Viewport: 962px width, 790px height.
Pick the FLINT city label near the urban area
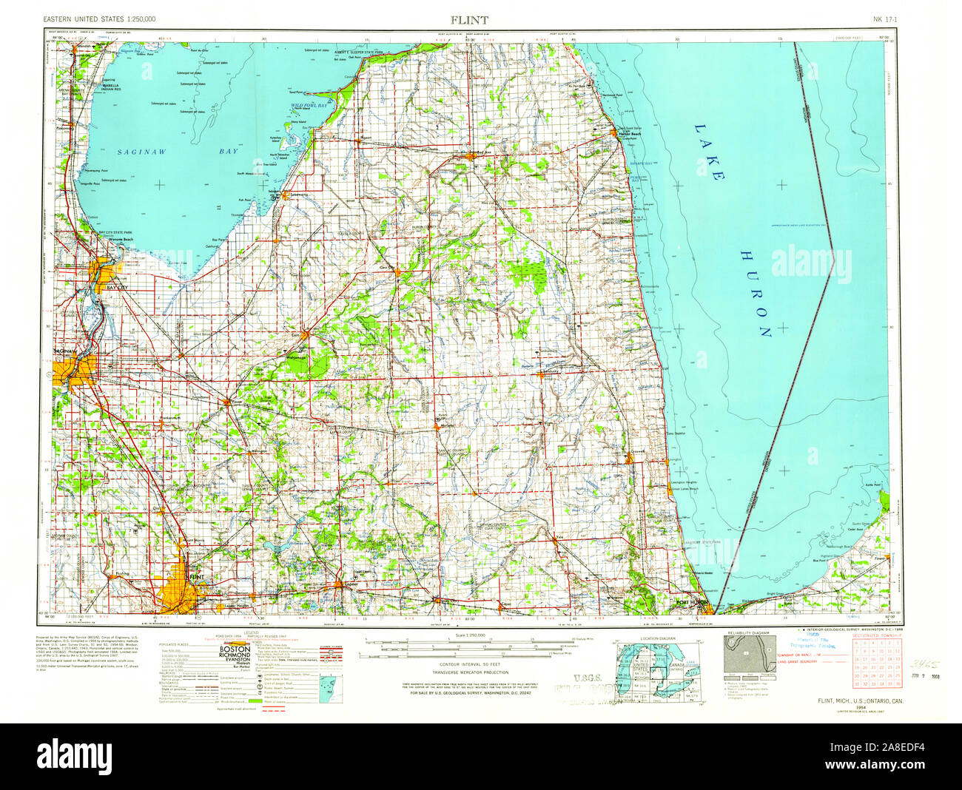tap(195, 575)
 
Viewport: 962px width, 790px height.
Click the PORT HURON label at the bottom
tap(693, 603)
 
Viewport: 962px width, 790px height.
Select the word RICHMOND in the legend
tap(235, 657)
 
